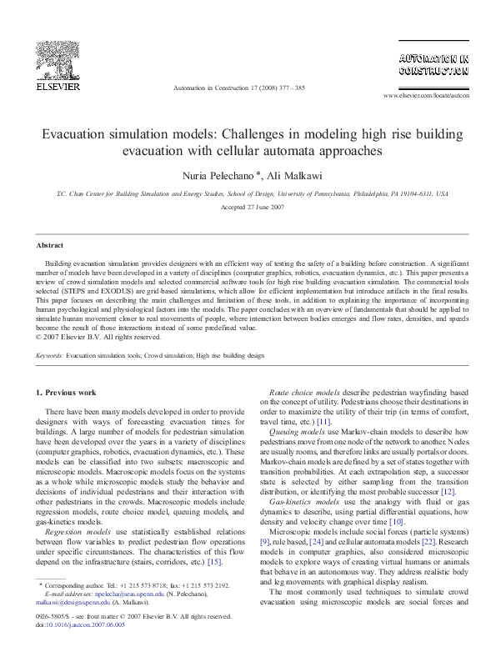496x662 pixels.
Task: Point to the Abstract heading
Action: click(x=48, y=245)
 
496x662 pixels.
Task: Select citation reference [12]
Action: click(x=446, y=492)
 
